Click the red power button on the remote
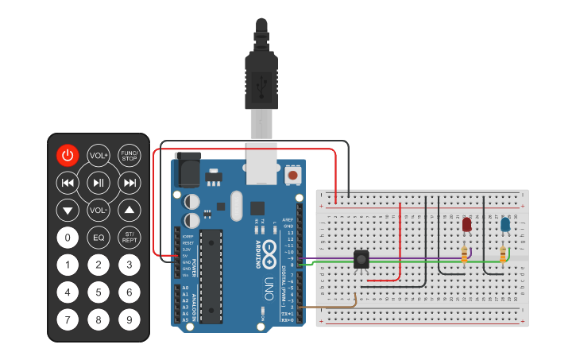(x=68, y=155)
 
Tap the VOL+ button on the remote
(x=99, y=155)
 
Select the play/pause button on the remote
(x=99, y=183)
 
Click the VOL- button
(x=99, y=211)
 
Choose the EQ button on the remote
(x=99, y=237)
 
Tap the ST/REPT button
(x=129, y=237)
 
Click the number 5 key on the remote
(x=99, y=292)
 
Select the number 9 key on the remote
(x=129, y=320)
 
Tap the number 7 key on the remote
(x=68, y=320)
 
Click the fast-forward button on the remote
(x=129, y=183)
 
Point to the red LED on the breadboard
(x=466, y=225)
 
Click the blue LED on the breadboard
(x=505, y=225)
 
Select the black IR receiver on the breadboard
(x=361, y=259)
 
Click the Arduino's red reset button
(x=293, y=174)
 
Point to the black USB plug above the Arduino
(x=261, y=75)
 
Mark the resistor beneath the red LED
(x=465, y=254)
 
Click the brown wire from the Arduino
(x=330, y=306)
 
